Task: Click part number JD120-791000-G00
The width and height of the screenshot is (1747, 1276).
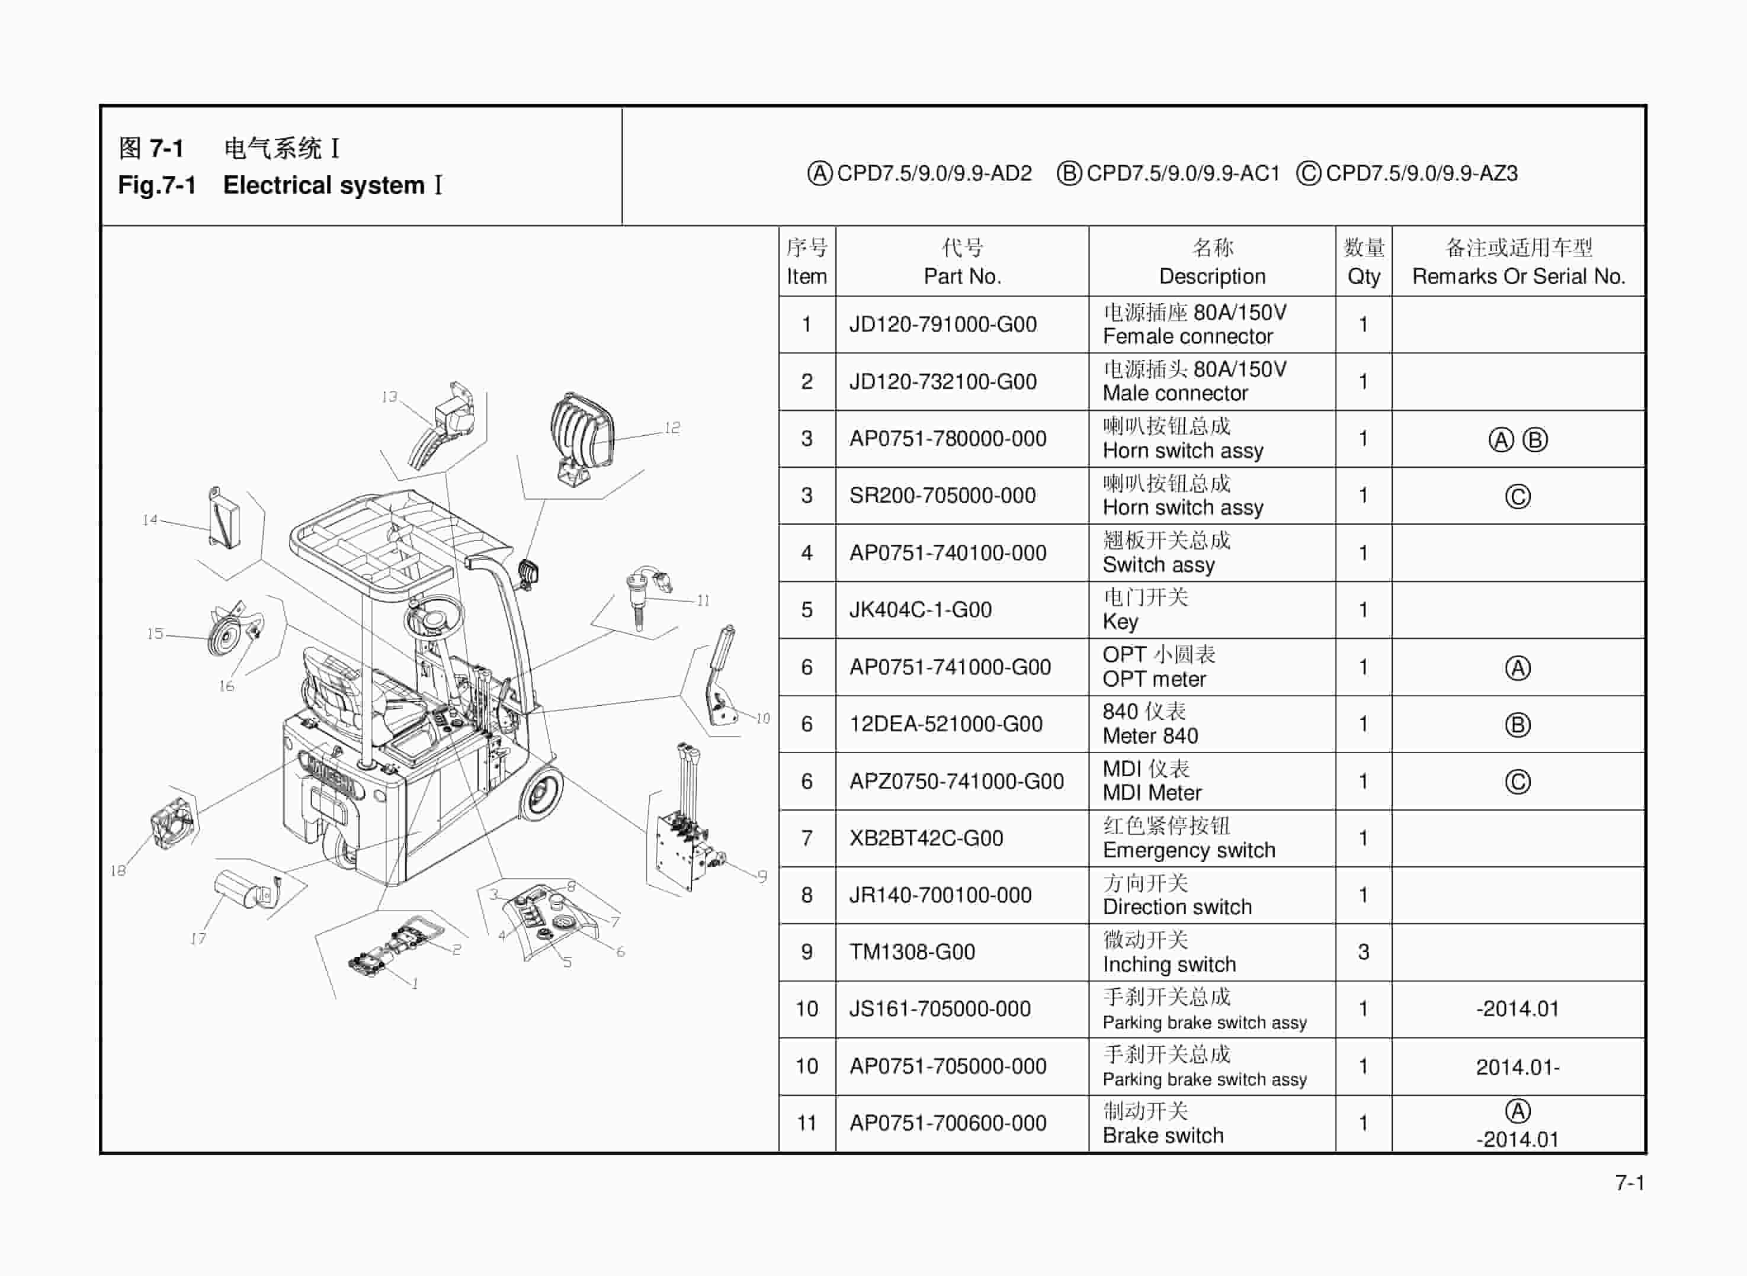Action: click(x=943, y=324)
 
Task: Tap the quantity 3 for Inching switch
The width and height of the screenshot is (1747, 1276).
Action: click(x=1363, y=952)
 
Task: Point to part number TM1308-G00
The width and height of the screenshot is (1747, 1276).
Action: click(x=912, y=952)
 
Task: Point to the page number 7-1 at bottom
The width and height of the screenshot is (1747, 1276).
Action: click(x=1629, y=1182)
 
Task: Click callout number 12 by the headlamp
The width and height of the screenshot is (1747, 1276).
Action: click(x=672, y=428)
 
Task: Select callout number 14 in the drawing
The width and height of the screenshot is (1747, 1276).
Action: click(x=150, y=520)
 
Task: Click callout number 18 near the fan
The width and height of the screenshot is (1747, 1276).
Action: click(x=118, y=870)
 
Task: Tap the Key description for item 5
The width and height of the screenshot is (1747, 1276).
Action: click(x=1120, y=622)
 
